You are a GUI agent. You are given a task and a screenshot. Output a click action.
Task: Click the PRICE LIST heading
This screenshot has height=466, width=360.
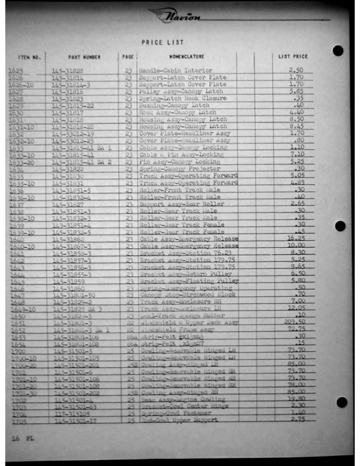(x=162, y=42)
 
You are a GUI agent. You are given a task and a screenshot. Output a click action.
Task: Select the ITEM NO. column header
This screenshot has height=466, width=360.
(x=29, y=58)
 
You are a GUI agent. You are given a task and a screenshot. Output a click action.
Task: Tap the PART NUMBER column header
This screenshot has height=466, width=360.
(x=84, y=58)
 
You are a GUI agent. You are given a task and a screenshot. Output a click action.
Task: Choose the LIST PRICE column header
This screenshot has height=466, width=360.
(x=292, y=57)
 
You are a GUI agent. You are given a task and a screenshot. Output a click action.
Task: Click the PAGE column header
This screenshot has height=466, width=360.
(x=128, y=57)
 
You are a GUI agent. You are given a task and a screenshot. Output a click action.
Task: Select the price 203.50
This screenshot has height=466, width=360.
(x=294, y=322)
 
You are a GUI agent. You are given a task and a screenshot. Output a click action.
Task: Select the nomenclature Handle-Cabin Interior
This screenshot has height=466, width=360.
(x=167, y=71)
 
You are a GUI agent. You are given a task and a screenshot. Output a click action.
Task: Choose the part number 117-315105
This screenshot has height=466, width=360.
(x=67, y=413)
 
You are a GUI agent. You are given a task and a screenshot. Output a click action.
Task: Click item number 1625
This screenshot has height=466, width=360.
(x=16, y=71)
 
